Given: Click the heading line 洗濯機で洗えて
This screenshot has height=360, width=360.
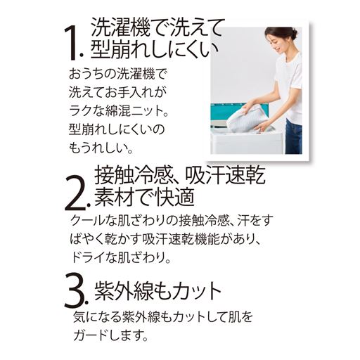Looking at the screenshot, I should (157, 28).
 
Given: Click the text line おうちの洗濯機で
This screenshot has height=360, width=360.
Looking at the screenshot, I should (120, 72).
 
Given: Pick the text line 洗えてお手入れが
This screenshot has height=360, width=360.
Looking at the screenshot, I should (120, 91).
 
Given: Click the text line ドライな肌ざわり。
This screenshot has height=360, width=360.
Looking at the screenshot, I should (123, 258).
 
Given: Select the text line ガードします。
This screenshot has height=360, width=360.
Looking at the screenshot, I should (109, 335).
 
